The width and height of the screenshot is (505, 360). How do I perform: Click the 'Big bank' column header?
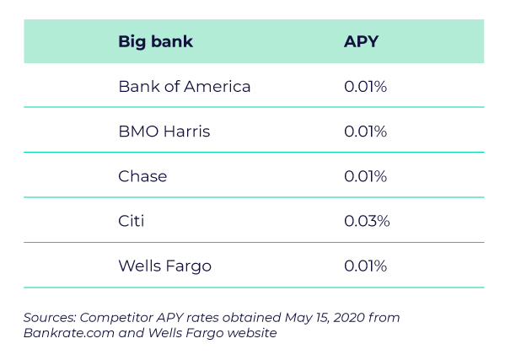(156, 42)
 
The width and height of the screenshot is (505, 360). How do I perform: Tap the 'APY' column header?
(361, 41)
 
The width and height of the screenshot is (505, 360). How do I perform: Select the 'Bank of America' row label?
(185, 87)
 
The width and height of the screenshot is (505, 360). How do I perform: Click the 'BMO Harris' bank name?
(164, 132)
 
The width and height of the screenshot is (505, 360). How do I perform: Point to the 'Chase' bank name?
(142, 176)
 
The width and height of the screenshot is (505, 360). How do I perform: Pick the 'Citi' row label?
(131, 221)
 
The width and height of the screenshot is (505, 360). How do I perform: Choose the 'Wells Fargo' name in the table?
(165, 266)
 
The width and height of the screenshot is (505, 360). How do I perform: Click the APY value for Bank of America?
(365, 87)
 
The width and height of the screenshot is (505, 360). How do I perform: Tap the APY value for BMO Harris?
(365, 132)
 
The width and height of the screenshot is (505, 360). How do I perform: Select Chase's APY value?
(365, 176)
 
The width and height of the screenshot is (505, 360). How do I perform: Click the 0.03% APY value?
(367, 221)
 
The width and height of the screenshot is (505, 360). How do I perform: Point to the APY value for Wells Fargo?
(365, 266)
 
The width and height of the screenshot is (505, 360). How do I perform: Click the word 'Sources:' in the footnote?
(50, 318)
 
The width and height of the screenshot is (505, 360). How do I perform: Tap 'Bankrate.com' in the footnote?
(69, 333)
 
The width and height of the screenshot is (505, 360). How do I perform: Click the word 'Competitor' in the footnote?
(116, 318)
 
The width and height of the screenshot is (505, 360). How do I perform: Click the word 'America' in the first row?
(218, 87)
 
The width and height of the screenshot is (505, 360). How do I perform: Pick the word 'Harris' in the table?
(187, 132)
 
